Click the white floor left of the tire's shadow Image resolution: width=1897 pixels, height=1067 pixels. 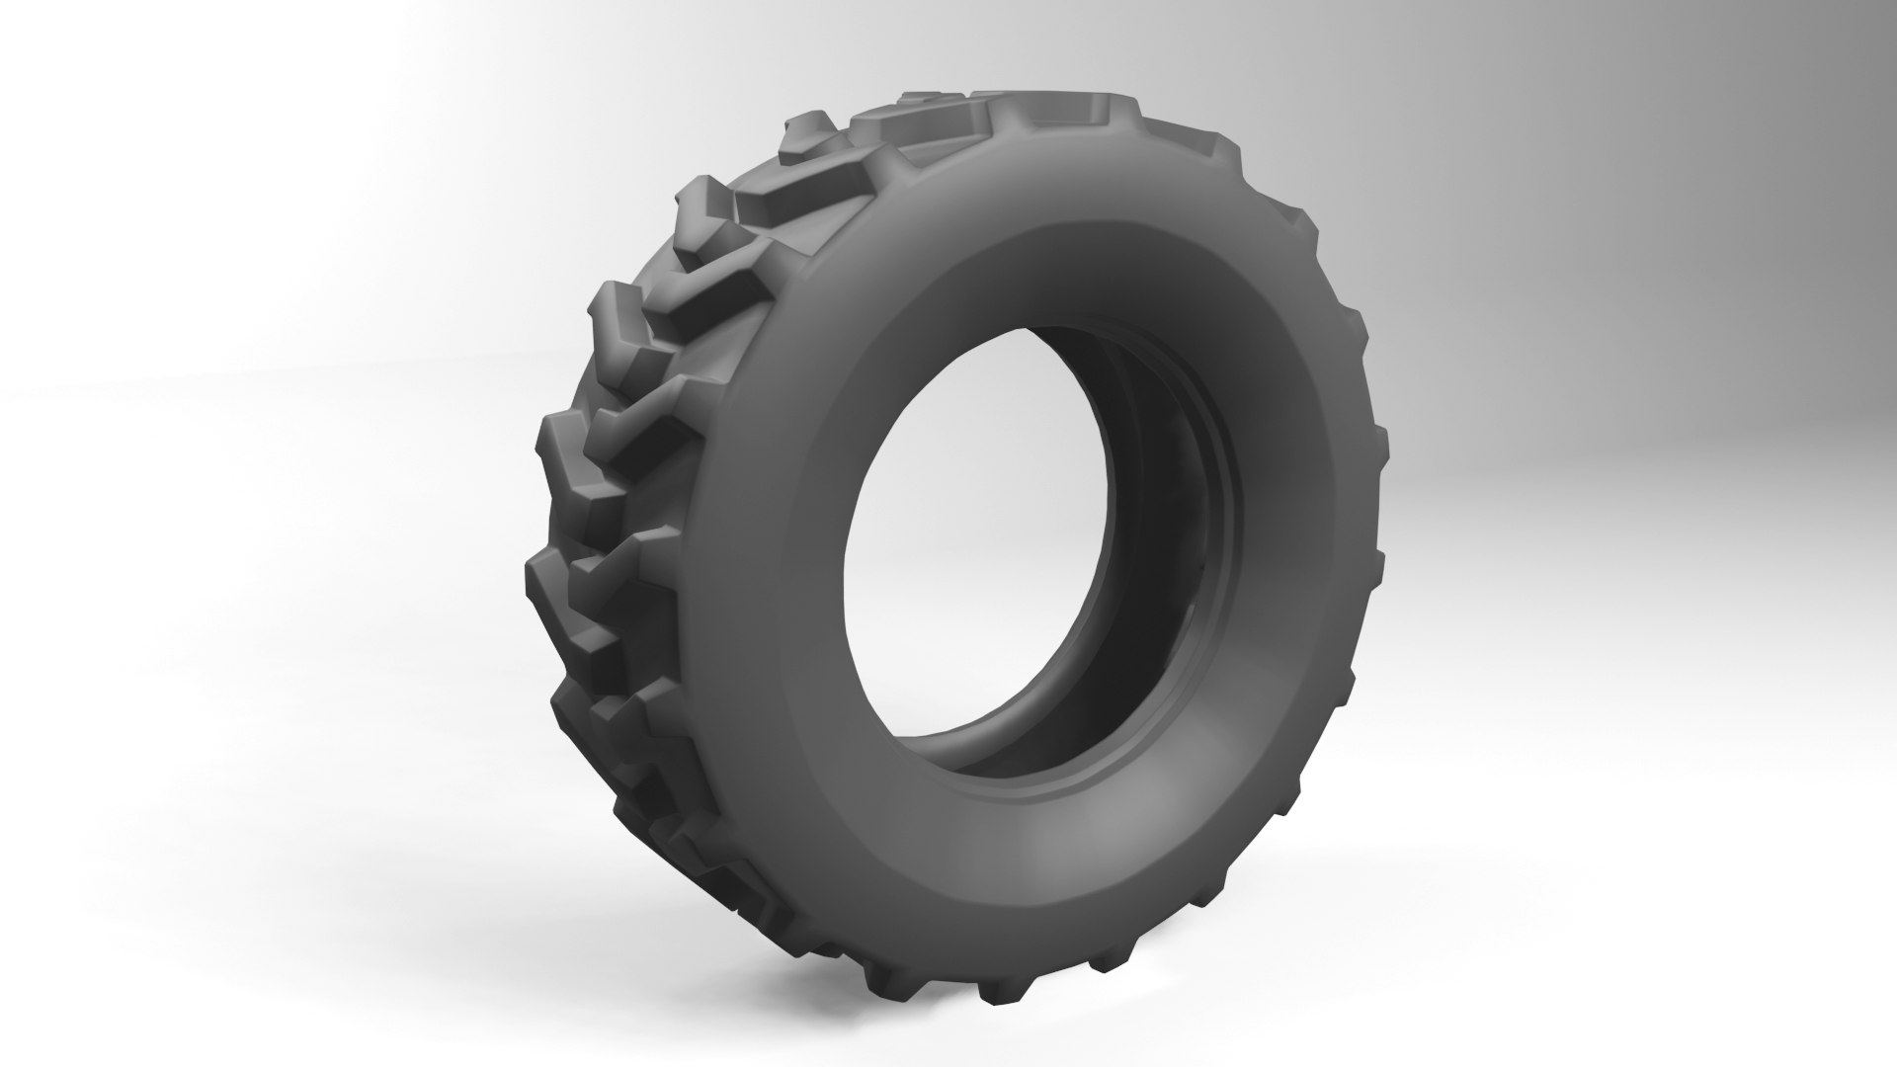pyautogui.click(x=296, y=889)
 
